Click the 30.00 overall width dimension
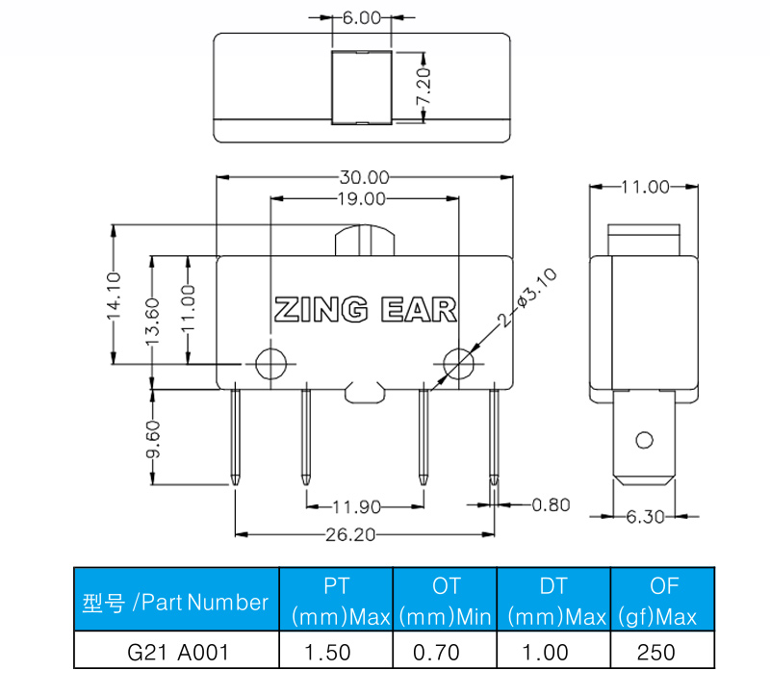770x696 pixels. point(364,177)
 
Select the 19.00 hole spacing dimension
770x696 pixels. point(362,199)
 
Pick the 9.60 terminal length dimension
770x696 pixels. point(153,439)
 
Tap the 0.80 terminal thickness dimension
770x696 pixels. point(552,504)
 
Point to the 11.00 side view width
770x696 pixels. point(644,187)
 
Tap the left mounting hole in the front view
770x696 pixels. point(270,362)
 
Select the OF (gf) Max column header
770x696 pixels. point(664,600)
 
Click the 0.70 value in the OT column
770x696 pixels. point(445,652)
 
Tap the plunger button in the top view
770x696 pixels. point(362,87)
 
